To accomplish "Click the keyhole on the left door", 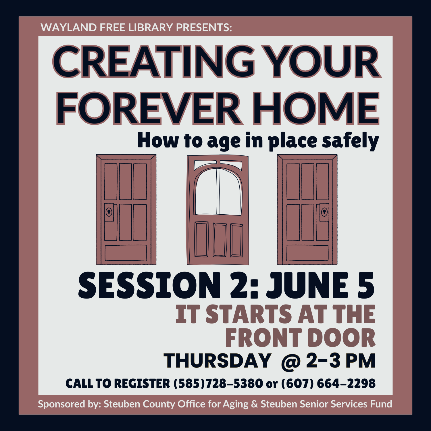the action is point(109,212).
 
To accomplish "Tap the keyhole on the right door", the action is point(324,212).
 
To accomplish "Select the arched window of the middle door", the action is point(218,191).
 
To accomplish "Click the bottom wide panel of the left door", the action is point(126,253).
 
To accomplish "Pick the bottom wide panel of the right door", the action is point(307,253).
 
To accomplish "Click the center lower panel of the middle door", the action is point(220,240).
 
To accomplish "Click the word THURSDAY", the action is point(217,361).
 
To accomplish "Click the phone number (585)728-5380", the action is point(218,384).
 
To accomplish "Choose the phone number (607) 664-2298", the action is point(328,384).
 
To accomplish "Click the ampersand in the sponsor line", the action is point(255,404).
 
